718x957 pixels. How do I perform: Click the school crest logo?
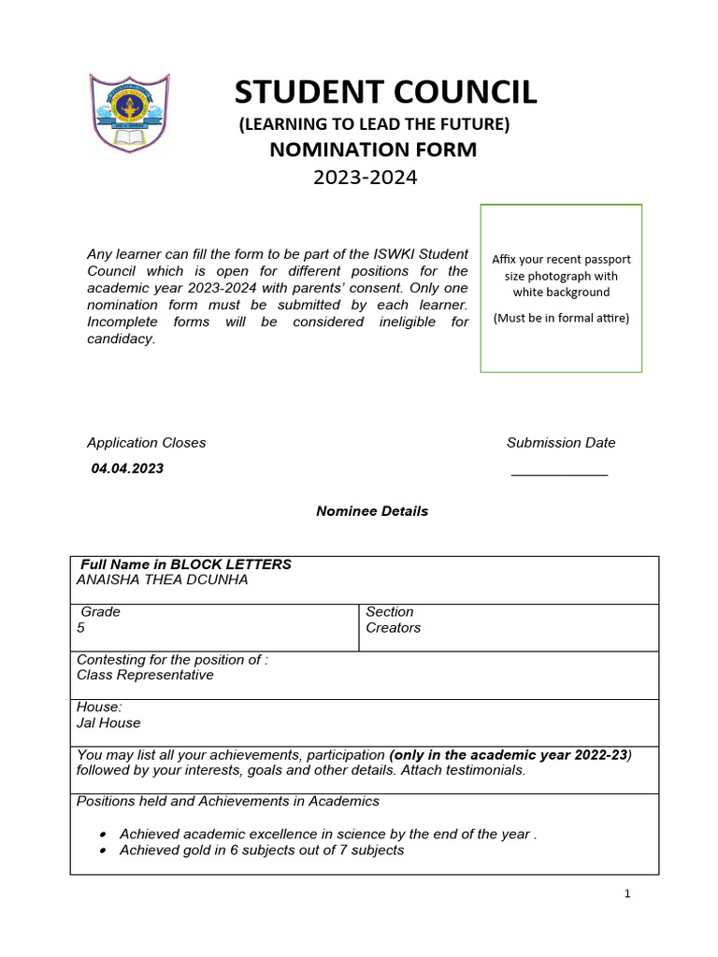click(130, 113)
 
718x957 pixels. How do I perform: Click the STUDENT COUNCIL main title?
click(385, 93)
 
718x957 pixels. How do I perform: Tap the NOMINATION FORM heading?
click(373, 150)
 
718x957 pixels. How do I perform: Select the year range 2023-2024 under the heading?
click(365, 177)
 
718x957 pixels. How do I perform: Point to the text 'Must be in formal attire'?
click(561, 318)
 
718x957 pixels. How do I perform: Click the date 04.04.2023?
click(127, 468)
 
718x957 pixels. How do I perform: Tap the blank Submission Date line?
click(559, 472)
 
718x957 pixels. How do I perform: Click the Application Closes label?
click(147, 442)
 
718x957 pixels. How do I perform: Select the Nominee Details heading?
click(372, 511)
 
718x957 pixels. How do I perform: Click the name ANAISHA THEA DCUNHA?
click(163, 580)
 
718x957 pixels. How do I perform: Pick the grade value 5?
click(81, 628)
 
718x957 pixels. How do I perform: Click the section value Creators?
click(394, 628)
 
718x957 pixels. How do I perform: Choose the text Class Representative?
click(145, 675)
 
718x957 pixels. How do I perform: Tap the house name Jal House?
click(108, 722)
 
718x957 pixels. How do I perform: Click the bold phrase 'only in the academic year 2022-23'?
click(510, 754)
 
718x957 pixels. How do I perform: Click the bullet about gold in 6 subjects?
click(262, 850)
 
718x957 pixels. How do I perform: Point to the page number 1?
click(627, 893)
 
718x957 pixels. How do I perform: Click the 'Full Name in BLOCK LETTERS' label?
click(186, 564)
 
